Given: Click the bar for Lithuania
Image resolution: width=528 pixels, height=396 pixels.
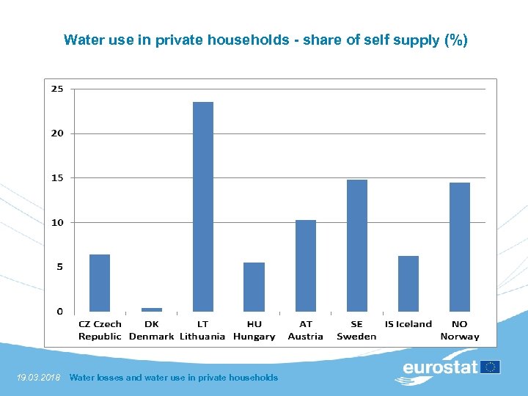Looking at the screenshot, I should point(202,207).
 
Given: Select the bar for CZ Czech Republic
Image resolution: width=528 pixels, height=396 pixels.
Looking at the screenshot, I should point(100,283).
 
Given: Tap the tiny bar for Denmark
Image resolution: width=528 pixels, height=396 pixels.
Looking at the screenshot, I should point(151,309).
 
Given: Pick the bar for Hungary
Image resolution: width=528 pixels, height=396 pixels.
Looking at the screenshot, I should point(254,287).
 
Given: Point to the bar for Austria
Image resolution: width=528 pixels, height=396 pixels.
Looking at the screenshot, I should point(305,265).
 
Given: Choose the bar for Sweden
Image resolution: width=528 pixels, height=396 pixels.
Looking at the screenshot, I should point(356,246).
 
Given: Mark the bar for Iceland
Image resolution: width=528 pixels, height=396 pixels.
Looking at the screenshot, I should point(408,284).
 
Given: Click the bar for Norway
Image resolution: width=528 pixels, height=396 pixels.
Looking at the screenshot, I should point(459,247).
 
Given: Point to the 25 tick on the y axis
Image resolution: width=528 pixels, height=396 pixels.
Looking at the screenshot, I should point(56,89).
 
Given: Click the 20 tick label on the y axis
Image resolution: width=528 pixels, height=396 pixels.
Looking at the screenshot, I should point(56,133).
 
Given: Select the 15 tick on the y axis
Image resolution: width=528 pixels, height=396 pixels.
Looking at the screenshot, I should point(56,178).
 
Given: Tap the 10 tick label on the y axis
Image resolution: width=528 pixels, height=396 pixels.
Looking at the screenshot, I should point(56,222).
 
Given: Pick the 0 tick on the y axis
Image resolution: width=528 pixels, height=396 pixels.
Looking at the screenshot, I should point(59,312).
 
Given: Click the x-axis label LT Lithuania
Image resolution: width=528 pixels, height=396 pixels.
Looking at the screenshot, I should point(202,330).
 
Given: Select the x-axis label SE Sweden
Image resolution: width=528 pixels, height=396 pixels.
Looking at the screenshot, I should point(356,330).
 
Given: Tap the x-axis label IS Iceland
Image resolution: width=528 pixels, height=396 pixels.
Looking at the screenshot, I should point(408,324).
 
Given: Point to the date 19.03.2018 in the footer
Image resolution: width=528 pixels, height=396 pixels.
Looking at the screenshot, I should point(39,378).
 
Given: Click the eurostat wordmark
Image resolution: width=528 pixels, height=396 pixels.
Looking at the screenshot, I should point(439,367).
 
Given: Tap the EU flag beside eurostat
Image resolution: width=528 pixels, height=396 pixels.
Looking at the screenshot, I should point(491,367).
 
